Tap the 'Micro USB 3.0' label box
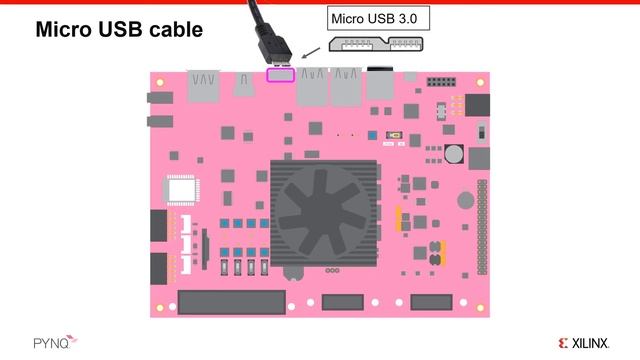372,17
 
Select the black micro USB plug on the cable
276,48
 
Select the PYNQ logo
37,340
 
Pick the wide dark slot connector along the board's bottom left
218,301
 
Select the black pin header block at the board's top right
441,81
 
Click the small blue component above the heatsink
373,135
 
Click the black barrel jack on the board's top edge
379,83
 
